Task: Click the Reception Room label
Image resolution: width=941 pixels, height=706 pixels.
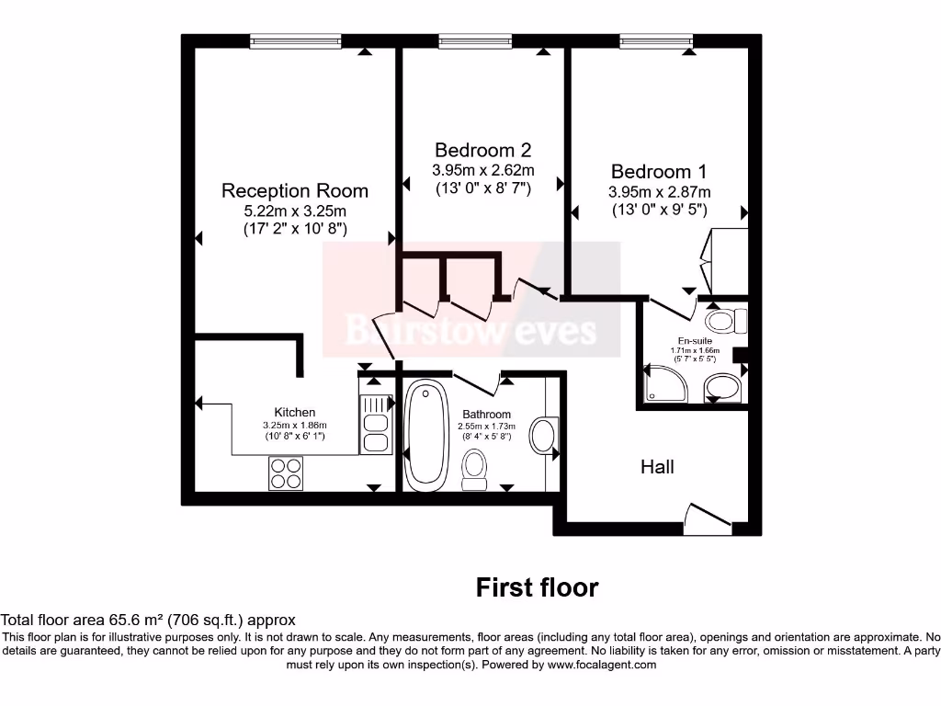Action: point(294,191)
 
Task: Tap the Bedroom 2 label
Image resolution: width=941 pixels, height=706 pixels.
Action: point(482,150)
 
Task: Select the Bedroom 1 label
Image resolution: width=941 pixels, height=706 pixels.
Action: point(658,172)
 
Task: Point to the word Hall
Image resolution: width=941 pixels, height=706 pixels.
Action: point(657,467)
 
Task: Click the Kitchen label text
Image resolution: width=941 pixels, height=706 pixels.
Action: point(294,413)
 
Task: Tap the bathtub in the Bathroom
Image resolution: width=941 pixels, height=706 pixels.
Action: point(425,435)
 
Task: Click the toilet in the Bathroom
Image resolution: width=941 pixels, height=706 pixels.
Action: point(475,468)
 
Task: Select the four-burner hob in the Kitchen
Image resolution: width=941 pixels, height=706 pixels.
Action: point(285,473)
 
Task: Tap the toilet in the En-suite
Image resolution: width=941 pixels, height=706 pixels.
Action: point(726,321)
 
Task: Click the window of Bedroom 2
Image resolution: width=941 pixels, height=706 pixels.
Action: point(475,40)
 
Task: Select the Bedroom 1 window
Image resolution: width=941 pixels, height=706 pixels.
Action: point(656,40)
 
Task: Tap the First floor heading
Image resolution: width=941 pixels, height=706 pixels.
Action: point(537,587)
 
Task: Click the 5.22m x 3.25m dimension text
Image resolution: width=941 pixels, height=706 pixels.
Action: point(294,211)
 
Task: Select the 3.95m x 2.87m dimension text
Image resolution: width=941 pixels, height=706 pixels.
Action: point(659,192)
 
